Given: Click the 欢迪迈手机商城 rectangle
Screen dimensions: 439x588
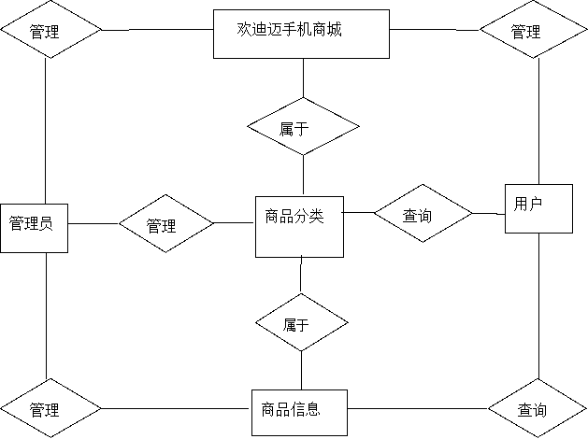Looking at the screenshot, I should click(301, 34).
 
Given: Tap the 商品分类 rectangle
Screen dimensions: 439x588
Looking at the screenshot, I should click(299, 226).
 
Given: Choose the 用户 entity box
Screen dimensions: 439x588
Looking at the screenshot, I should click(538, 208).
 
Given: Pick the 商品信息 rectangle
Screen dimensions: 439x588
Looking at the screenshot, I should click(299, 412).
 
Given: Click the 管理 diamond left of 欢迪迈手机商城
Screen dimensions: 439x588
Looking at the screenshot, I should click(50, 31).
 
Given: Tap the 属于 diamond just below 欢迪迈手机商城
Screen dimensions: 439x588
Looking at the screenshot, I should click(303, 128).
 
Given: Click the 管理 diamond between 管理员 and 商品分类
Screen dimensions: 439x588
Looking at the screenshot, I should click(165, 225).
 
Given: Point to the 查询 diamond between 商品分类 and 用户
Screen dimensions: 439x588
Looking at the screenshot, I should click(423, 216).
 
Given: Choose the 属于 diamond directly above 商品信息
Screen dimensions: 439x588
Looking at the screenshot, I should click(302, 323).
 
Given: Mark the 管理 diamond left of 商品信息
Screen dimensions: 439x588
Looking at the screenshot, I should click(50, 409).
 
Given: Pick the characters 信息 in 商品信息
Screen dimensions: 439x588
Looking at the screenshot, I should click(305, 408).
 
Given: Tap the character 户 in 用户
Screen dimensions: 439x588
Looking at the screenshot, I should click(536, 202).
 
